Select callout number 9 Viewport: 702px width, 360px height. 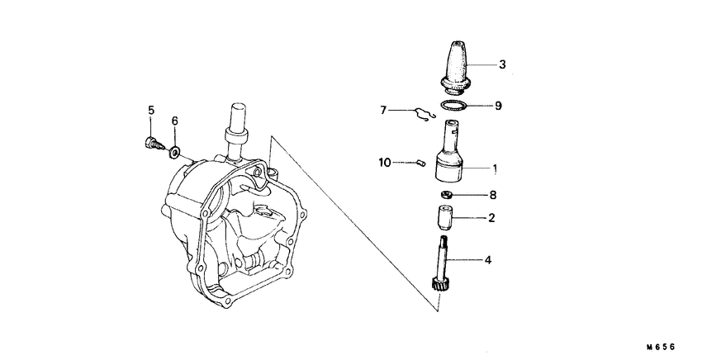pyautogui.click(x=498, y=106)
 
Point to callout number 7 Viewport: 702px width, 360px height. pyautogui.click(x=383, y=110)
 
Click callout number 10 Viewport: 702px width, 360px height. pyautogui.click(x=385, y=163)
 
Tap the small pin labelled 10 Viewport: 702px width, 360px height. pyautogui.click(x=420, y=163)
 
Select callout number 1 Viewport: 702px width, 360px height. pyautogui.click(x=495, y=168)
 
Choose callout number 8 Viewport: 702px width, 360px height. pyautogui.click(x=493, y=196)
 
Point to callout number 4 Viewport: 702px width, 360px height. pyautogui.click(x=488, y=260)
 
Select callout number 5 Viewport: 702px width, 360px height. pyautogui.click(x=151, y=111)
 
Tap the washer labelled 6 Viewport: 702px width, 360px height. pyautogui.click(x=174, y=152)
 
